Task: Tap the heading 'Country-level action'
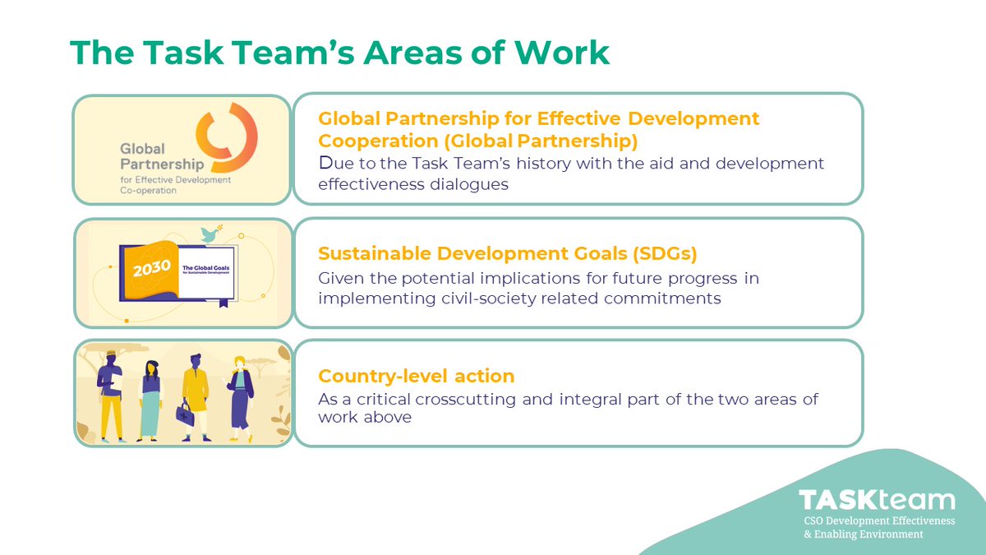click(x=416, y=376)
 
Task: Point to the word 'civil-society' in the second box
click(x=484, y=298)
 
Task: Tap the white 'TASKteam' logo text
click(x=878, y=501)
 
